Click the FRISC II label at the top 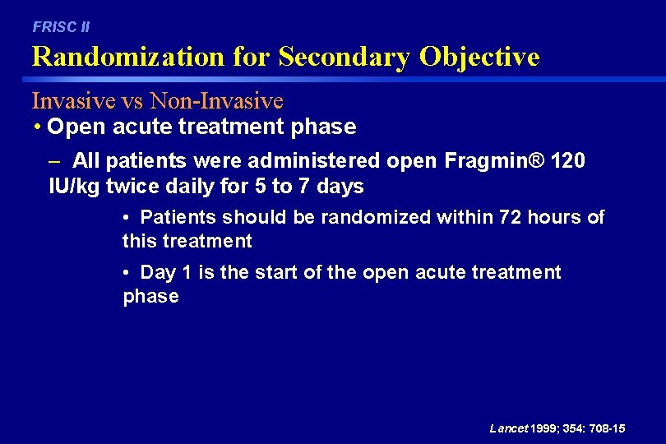coord(61,27)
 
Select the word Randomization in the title coord(127,58)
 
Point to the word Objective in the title coord(480,58)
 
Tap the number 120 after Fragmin coord(570,160)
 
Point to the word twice coord(131,187)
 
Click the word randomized coord(376,217)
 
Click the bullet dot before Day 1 coord(127,272)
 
